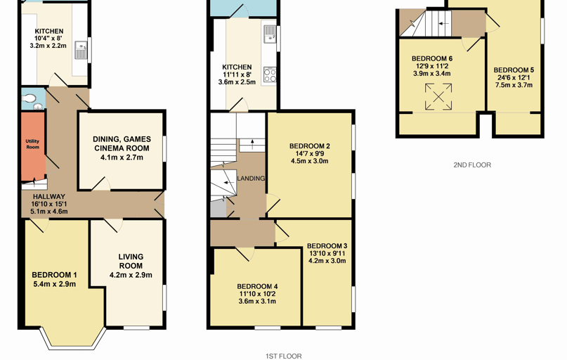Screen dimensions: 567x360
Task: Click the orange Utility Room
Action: [x=33, y=146]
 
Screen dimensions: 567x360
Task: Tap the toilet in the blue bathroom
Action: [x=28, y=98]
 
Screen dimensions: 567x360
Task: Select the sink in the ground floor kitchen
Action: [x=80, y=50]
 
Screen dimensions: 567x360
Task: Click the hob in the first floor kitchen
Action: [x=269, y=75]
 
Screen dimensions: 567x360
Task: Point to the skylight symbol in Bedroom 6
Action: [x=438, y=96]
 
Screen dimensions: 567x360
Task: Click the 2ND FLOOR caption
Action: [x=472, y=165]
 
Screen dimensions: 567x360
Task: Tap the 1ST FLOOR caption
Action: [x=284, y=356]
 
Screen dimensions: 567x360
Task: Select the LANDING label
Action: [x=251, y=179]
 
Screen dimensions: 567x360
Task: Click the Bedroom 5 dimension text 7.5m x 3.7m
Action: [x=514, y=85]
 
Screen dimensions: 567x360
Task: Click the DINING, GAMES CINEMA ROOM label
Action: [x=122, y=143]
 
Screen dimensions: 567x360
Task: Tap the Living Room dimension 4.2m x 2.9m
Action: [x=131, y=275]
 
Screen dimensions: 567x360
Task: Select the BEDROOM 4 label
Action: [x=257, y=287]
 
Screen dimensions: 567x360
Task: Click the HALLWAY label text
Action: [x=49, y=196]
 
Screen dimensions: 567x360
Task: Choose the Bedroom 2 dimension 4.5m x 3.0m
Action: [x=310, y=161]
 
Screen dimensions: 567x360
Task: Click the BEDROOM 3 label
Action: [x=327, y=246]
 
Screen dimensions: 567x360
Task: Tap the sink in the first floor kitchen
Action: [x=270, y=34]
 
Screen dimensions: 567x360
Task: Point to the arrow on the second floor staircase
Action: [x=443, y=23]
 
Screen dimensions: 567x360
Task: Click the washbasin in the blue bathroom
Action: [x=38, y=106]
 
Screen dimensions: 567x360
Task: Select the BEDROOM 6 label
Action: [x=432, y=58]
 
